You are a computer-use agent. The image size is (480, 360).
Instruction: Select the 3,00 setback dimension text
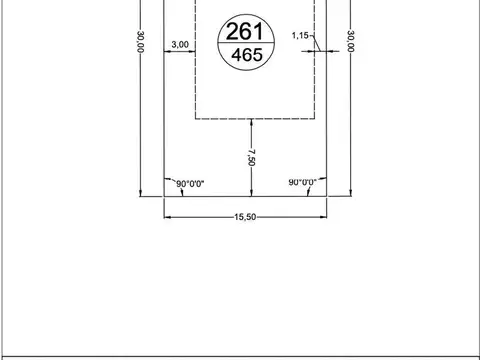coord(180,45)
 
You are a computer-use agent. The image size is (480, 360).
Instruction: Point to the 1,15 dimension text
coord(300,36)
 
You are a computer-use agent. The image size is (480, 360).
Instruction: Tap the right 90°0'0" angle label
coord(302,183)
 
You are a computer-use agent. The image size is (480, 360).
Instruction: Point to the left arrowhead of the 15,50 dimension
coord(168,216)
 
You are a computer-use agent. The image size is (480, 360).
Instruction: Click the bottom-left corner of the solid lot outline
coord(164,196)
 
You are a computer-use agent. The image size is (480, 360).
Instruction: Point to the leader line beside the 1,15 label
coord(314,40)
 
